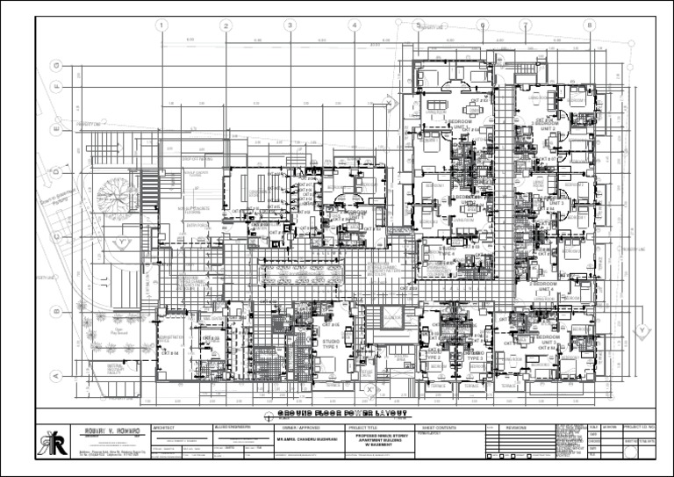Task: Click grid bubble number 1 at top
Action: pyautogui.click(x=161, y=25)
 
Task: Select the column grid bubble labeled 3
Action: pyautogui.click(x=290, y=25)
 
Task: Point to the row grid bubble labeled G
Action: pyautogui.click(x=55, y=65)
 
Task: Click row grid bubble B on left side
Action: pyautogui.click(x=55, y=309)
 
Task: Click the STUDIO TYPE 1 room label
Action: pyautogui.click(x=332, y=343)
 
